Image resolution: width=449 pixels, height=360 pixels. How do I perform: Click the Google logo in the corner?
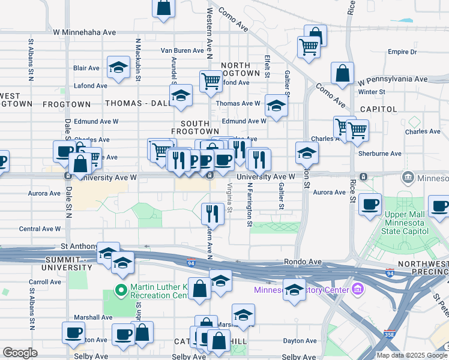click(20, 353)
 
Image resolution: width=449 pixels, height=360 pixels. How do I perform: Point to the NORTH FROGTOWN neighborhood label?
click(240, 69)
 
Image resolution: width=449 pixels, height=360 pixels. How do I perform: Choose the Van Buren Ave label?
click(182, 51)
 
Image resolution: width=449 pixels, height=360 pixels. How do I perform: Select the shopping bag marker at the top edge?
click(164, 8)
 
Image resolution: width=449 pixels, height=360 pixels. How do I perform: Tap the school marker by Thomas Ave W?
click(276, 105)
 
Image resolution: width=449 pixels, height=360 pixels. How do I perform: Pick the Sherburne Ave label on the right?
click(379, 154)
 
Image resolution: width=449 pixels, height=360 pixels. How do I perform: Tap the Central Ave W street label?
click(40, 229)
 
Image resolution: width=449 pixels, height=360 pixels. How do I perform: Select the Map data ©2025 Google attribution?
click(411, 355)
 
